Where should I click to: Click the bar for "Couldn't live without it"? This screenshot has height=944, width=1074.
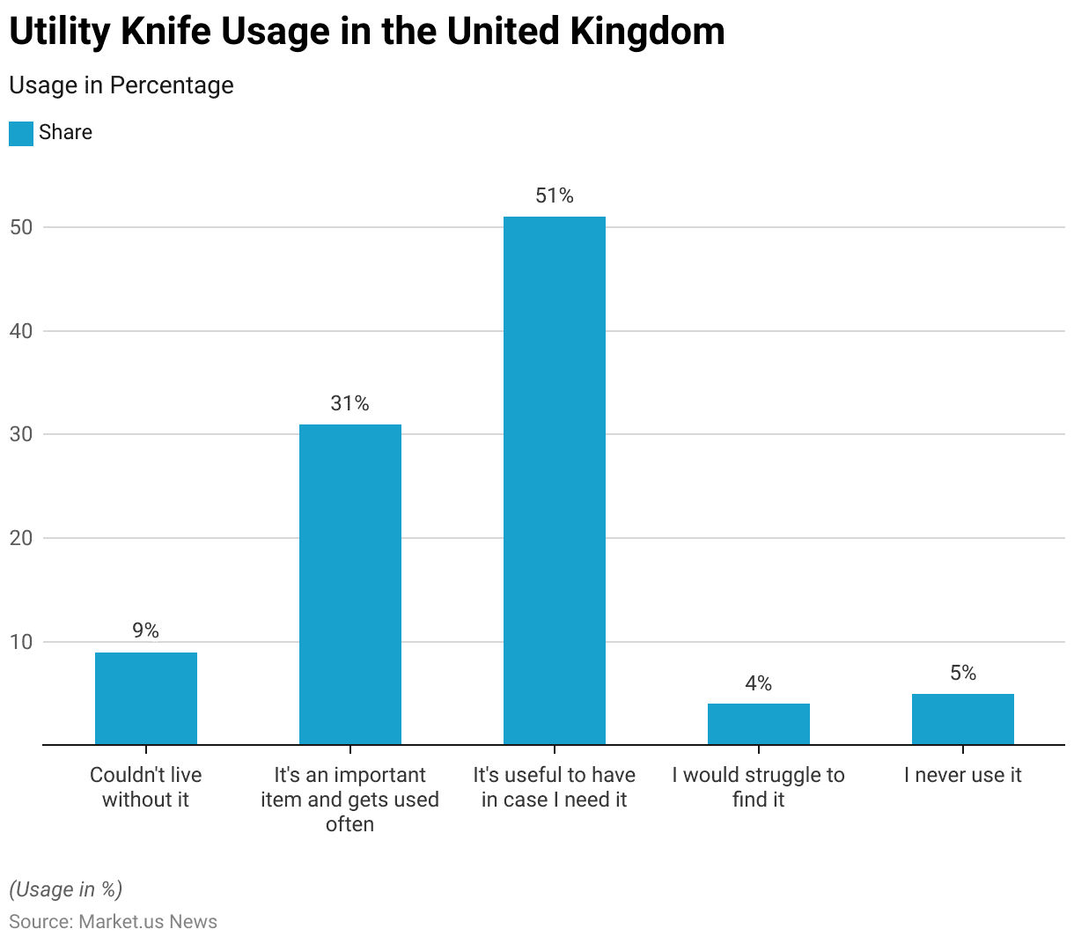pyautogui.click(x=146, y=698)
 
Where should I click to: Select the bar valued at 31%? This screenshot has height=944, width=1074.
pyautogui.click(x=350, y=585)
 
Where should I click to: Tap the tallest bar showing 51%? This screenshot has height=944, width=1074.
pyautogui.click(x=555, y=481)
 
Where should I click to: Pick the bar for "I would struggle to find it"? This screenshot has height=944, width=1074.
pyautogui.click(x=759, y=724)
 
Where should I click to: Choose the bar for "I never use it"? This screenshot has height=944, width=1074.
pyautogui.click(x=963, y=719)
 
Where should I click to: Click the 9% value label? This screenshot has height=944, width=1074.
pyautogui.click(x=146, y=631)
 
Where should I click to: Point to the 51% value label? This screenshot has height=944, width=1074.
pyautogui.click(x=555, y=195)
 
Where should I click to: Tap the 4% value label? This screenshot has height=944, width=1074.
pyautogui.click(x=759, y=683)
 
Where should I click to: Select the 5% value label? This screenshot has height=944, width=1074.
pyautogui.click(x=963, y=673)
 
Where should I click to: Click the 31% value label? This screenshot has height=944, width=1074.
pyautogui.click(x=350, y=403)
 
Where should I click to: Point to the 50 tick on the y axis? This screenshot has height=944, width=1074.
pyautogui.click(x=21, y=227)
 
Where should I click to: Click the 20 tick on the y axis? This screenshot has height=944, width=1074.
pyautogui.click(x=21, y=538)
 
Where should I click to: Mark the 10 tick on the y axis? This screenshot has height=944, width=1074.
pyautogui.click(x=21, y=642)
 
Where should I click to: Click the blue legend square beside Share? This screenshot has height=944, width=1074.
pyautogui.click(x=21, y=133)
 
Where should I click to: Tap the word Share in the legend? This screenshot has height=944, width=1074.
pyautogui.click(x=65, y=132)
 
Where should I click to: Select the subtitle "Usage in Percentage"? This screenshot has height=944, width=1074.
pyautogui.click(x=121, y=85)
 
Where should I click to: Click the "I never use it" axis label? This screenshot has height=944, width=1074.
pyautogui.click(x=963, y=775)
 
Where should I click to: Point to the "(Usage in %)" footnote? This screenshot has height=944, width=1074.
pyautogui.click(x=66, y=889)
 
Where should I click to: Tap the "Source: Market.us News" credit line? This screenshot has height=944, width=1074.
pyautogui.click(x=113, y=921)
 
